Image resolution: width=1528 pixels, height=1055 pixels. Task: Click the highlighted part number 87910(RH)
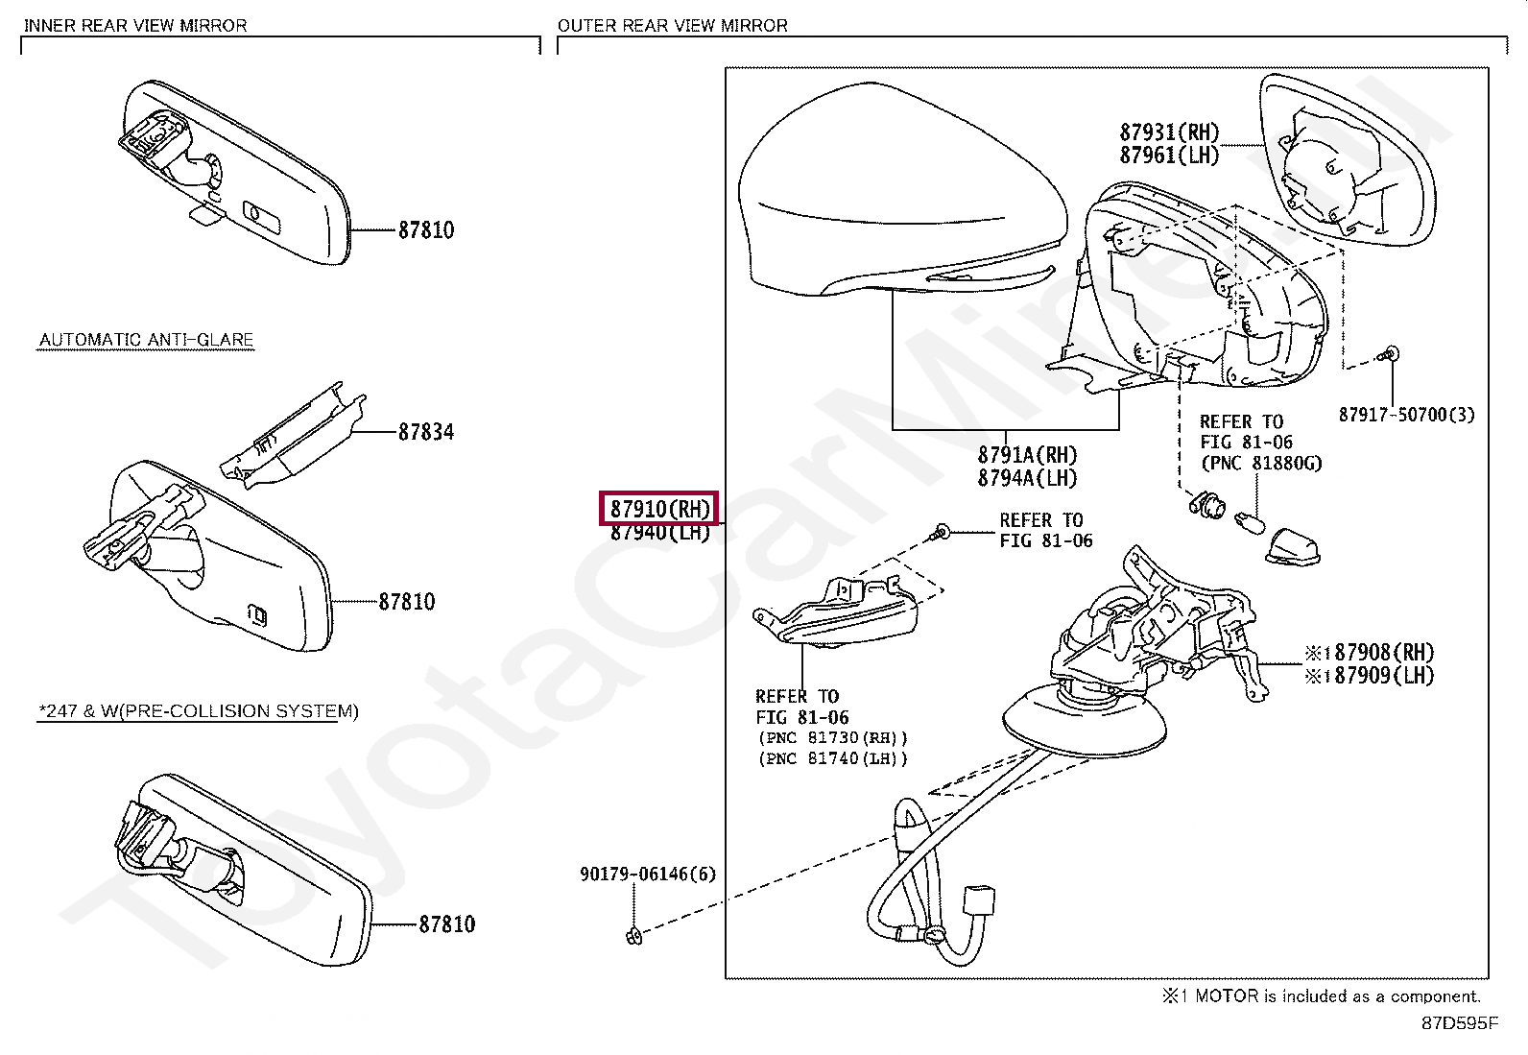coord(659,508)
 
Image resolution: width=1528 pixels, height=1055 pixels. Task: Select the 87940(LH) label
coord(659,533)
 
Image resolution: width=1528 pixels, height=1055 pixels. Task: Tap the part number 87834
coord(426,432)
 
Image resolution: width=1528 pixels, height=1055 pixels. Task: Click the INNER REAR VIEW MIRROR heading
coord(135,25)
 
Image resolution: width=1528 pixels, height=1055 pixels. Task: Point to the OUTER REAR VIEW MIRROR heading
coord(672,25)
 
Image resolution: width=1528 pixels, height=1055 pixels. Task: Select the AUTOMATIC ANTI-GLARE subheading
coord(146,340)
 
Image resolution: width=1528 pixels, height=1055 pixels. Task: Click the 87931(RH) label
coord(1169,132)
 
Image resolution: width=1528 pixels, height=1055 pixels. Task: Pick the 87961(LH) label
coord(1169,155)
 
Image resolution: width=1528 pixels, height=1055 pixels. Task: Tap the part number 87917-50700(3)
coord(1406,415)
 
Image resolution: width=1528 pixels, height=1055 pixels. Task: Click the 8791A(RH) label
coord(1027,455)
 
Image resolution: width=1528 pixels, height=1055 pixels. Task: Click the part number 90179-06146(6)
coord(648,875)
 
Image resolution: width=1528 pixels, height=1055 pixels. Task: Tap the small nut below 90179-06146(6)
coord(633,936)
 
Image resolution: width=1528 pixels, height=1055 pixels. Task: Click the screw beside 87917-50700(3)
coord(1391,355)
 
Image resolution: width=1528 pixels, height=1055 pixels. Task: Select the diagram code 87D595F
coord(1459,1023)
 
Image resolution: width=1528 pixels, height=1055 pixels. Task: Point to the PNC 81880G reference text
coord(1260,463)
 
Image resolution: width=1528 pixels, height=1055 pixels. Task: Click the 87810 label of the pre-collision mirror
coord(446,924)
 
